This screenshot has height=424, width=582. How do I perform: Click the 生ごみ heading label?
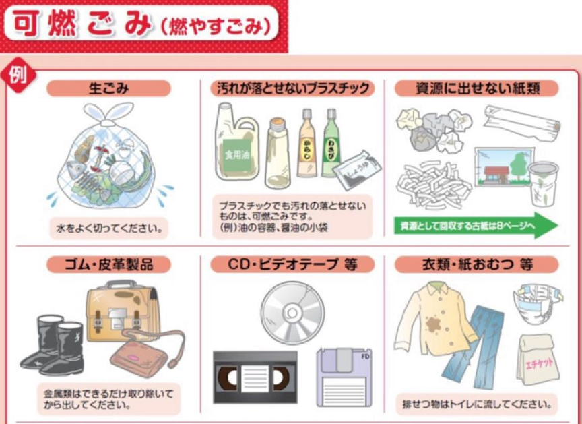[108, 88]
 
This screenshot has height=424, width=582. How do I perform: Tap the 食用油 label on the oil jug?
[237, 154]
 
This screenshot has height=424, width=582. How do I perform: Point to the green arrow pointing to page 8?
[476, 225]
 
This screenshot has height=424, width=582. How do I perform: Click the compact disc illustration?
[292, 313]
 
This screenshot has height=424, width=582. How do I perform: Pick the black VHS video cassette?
[255, 377]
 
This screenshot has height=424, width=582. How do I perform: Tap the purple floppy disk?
[344, 377]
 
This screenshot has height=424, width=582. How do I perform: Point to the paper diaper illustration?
[538, 303]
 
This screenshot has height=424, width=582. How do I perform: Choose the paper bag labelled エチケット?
[538, 359]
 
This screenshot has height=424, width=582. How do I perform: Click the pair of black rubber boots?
[52, 344]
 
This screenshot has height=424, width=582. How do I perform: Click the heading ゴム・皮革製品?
[108, 264]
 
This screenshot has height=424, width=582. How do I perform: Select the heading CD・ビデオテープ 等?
[292, 264]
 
